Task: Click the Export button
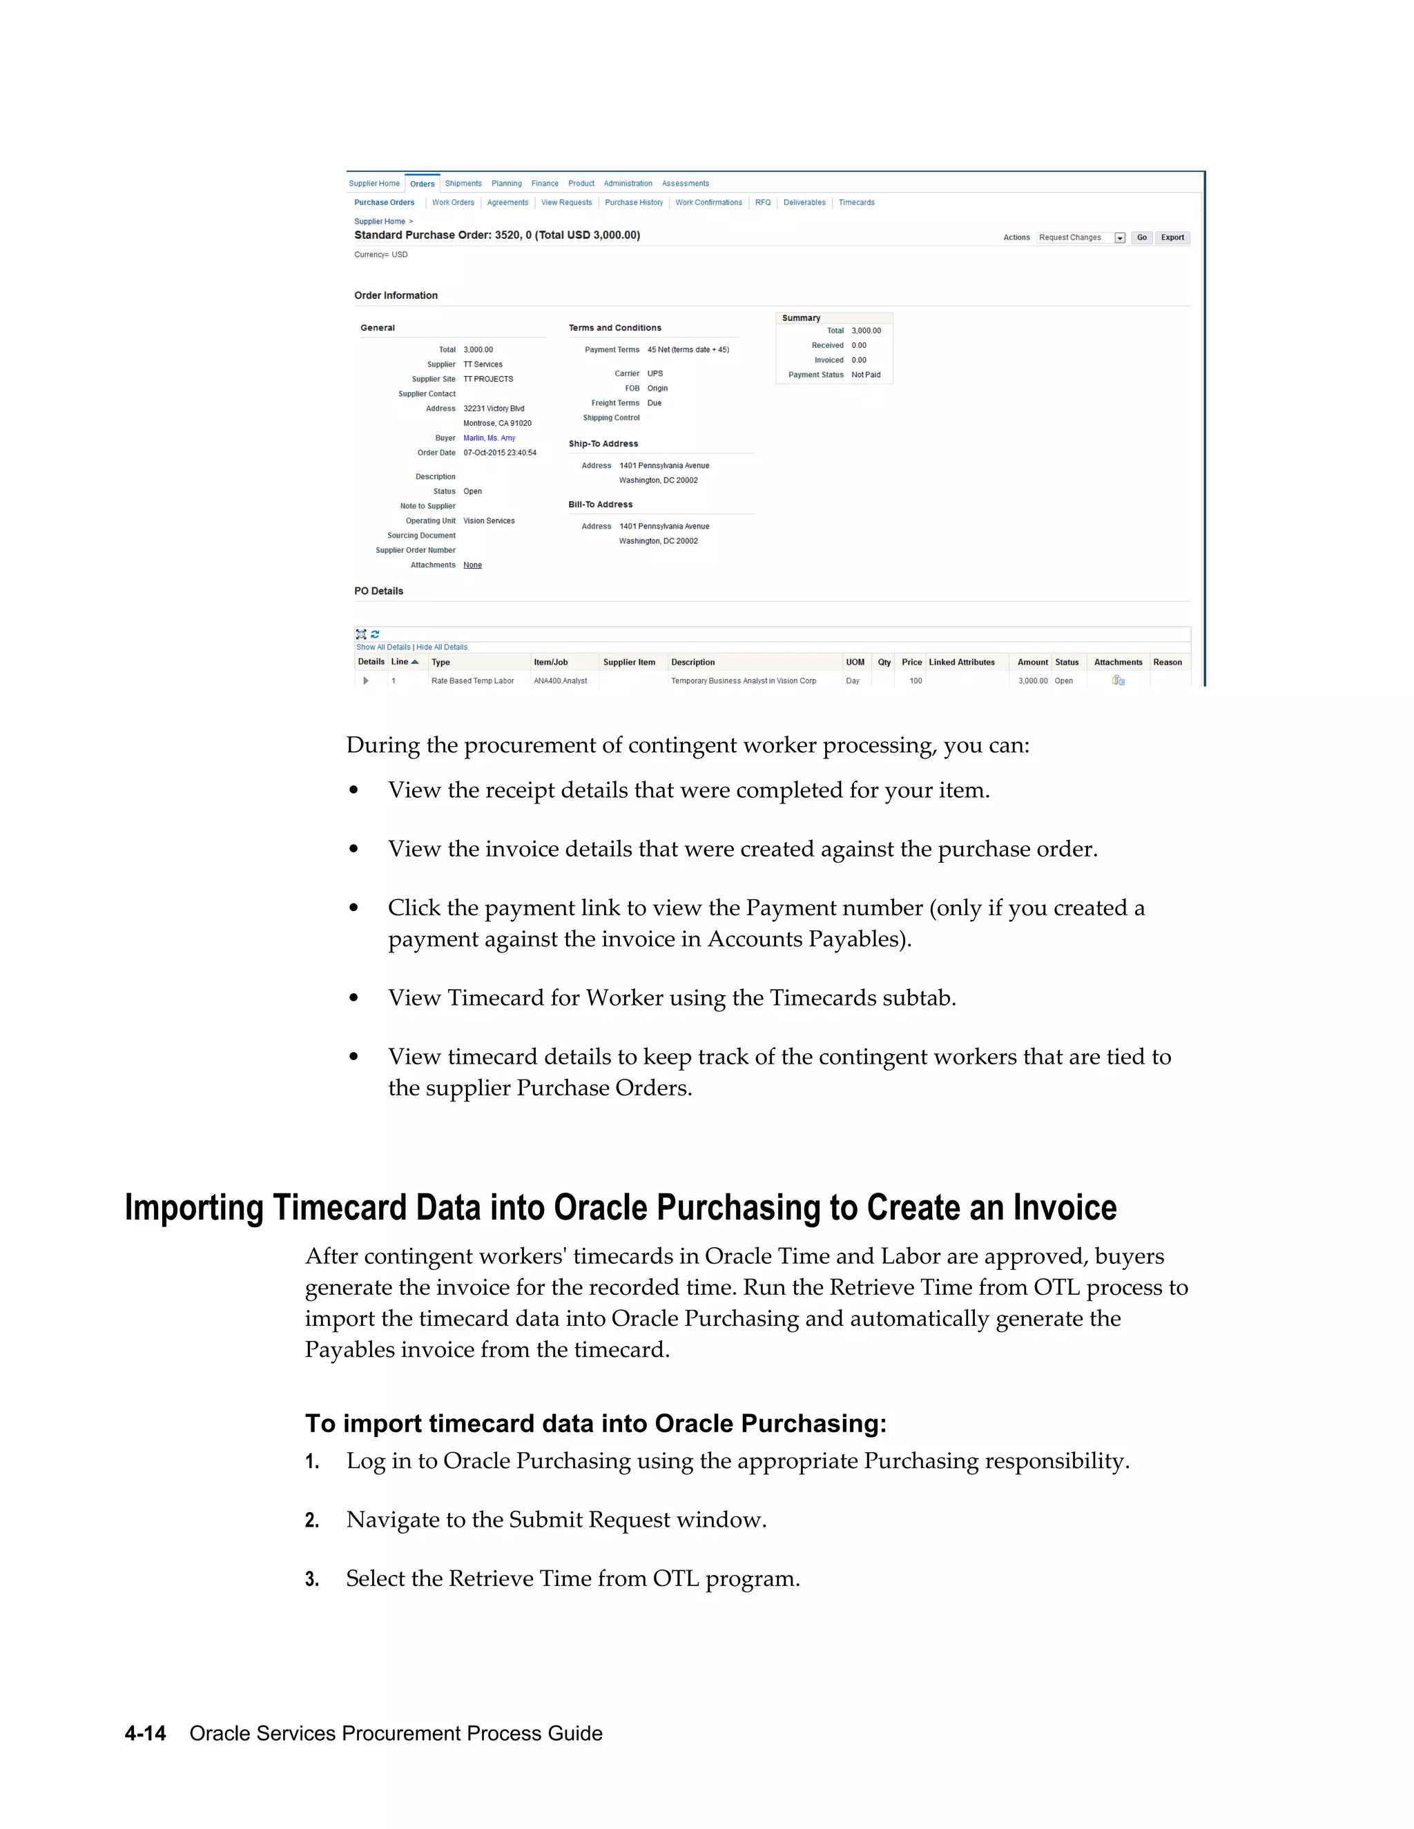pos(1172,238)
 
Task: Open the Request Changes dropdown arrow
pos(1119,238)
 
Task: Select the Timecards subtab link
pos(856,203)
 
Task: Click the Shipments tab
pos(463,184)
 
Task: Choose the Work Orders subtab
pos(452,203)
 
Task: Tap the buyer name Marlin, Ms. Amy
pos(490,438)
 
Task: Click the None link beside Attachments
pos(472,565)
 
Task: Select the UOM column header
pos(855,663)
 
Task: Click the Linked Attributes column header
pos(962,663)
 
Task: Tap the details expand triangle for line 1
pos(365,681)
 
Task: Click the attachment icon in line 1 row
pos(1118,681)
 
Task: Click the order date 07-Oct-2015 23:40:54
pos(499,453)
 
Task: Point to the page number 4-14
pos(145,1734)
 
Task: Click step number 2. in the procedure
pos(311,1520)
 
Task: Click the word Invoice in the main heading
pos(1065,1209)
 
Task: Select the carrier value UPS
pos(655,373)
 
